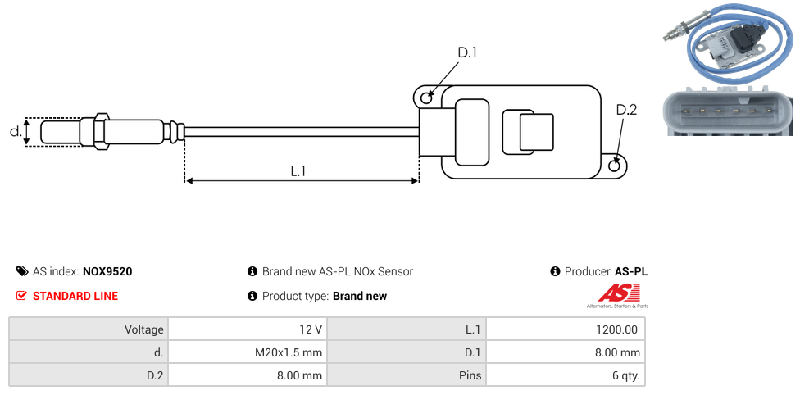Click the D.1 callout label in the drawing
point(467,53)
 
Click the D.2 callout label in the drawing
point(626,111)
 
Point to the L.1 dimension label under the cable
point(298,170)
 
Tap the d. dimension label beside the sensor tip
point(15,131)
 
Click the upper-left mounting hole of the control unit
point(426,98)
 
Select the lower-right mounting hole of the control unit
point(616,166)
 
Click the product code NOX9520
point(107,271)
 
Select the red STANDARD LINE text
point(75,296)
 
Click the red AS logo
point(616,293)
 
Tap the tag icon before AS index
point(22,271)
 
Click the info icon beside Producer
point(556,271)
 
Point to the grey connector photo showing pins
point(729,110)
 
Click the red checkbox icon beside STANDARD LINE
point(22,296)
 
